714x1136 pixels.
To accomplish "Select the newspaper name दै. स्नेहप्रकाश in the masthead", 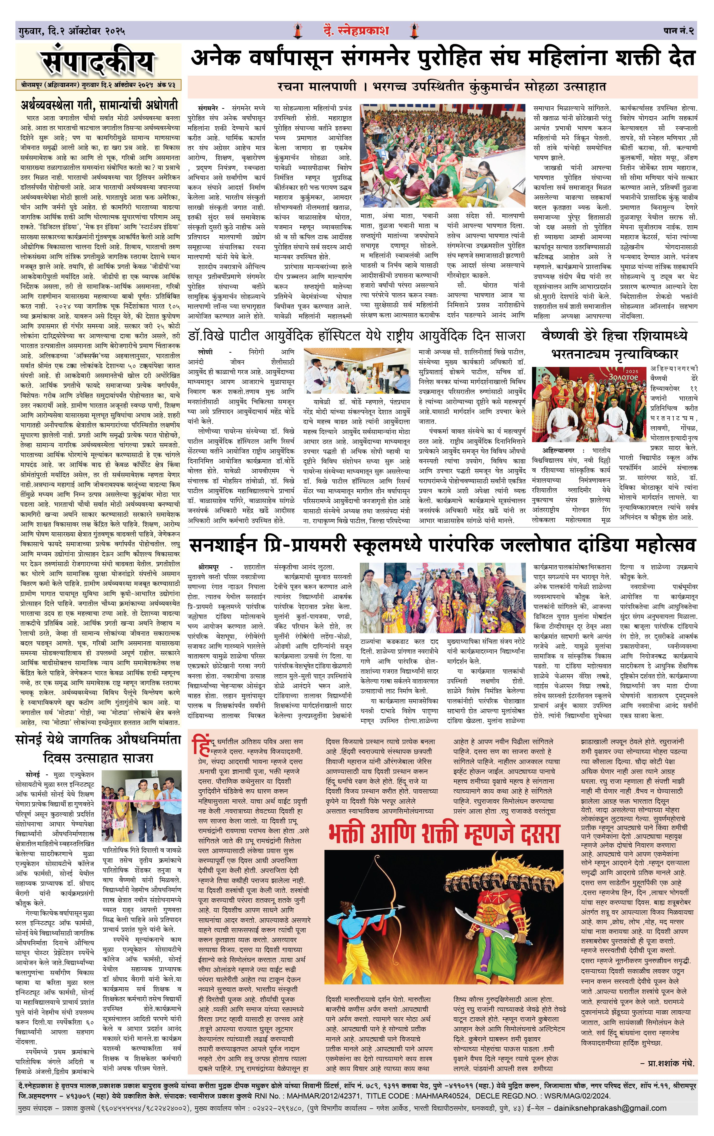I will click(x=356, y=31).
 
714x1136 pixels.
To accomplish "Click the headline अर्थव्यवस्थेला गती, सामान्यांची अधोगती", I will click(x=99, y=105).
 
